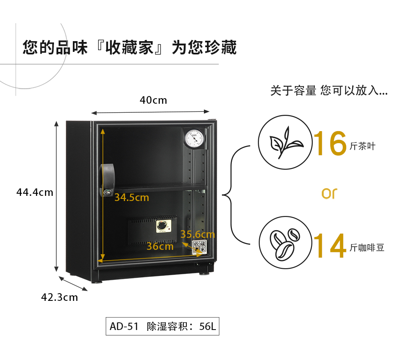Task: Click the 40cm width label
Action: pos(153,100)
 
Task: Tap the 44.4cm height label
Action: pos(35,192)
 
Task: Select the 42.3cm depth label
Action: pos(60,297)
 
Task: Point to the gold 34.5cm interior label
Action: pos(132,198)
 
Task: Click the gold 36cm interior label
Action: pos(160,246)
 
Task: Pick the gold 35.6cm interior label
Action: pos(198,234)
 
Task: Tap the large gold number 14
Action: pos(329,246)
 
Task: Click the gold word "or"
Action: pos(329,194)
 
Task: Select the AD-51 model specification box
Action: pos(162,326)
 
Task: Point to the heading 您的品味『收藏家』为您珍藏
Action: pos(129,47)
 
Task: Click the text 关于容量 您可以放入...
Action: pos(329,91)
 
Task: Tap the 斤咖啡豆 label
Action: pos(367,247)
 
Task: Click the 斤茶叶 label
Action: pos(362,146)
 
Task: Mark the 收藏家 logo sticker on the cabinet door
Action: pos(199,246)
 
